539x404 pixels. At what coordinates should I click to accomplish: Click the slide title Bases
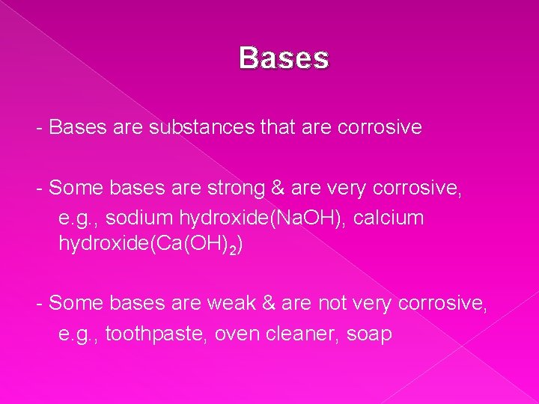pos(284,58)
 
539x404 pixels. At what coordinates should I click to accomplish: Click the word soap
pos(369,333)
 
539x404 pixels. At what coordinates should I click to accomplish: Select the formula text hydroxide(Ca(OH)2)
pos(147,245)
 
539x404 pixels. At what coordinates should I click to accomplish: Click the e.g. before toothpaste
pos(79,333)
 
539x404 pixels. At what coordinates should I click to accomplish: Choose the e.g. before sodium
pos(79,218)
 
